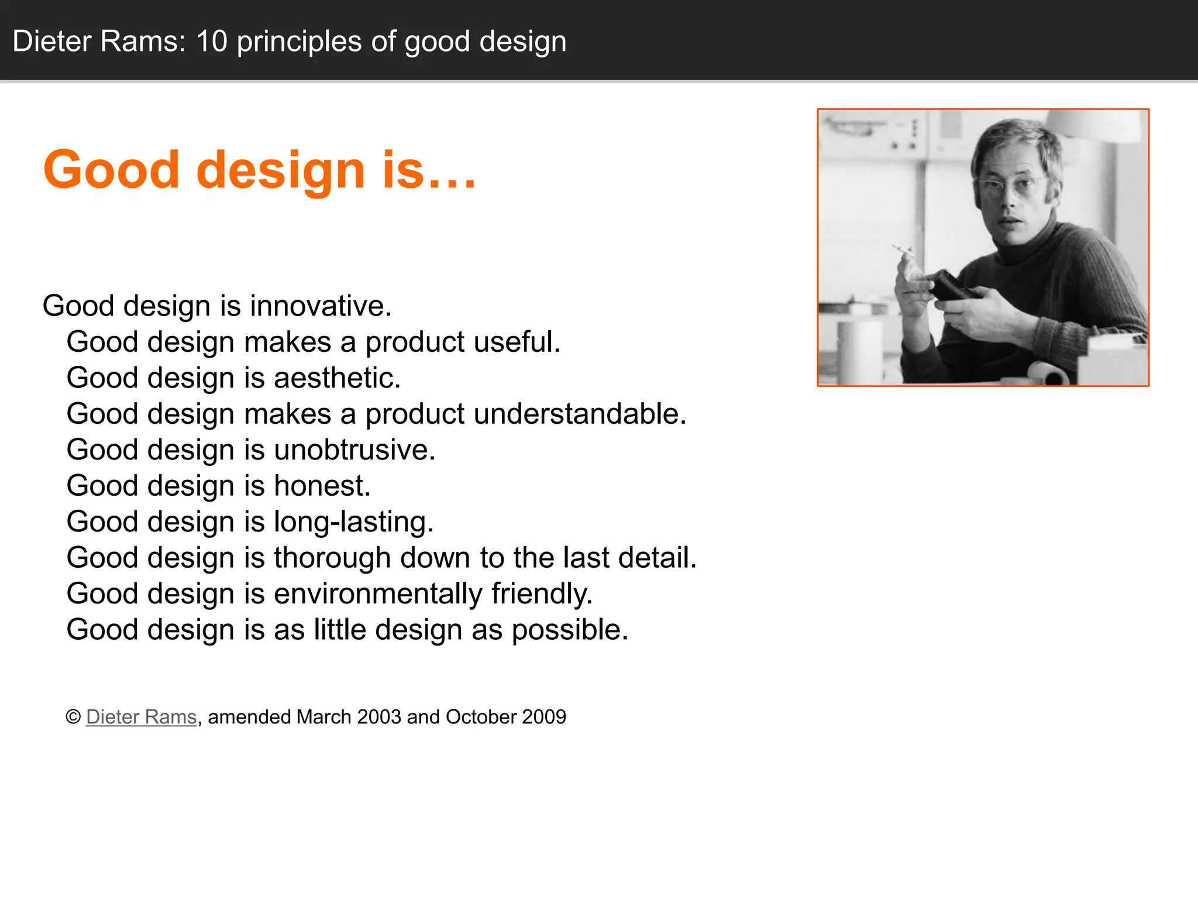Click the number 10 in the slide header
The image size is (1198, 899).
pos(212,42)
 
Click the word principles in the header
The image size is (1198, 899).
pos(299,42)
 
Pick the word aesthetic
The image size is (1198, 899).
pos(337,378)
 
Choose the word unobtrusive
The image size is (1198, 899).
pos(354,450)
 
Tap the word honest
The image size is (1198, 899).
pos(322,486)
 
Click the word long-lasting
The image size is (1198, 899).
pos(353,522)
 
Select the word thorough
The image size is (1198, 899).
pos(332,558)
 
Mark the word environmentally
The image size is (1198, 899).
pos(378,594)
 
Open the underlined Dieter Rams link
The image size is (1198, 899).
pos(141,717)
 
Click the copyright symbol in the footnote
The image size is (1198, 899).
pos(73,717)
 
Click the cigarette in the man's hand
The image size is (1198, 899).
pos(903,250)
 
